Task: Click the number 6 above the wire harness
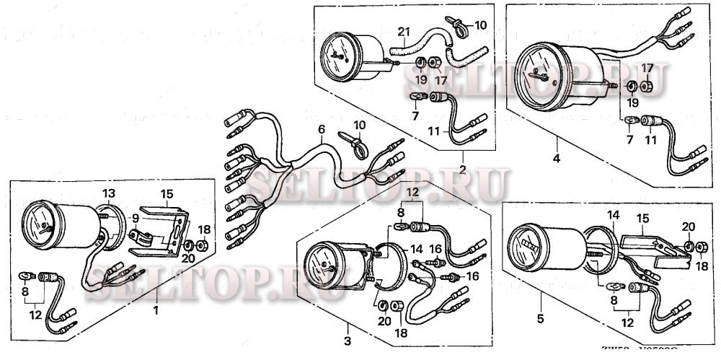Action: [x=321, y=129]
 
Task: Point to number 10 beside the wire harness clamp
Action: [x=358, y=125]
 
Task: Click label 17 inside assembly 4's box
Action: [x=647, y=68]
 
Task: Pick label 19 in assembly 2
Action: [x=420, y=79]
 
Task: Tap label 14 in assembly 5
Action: [x=612, y=214]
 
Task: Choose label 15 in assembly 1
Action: [x=167, y=194]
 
